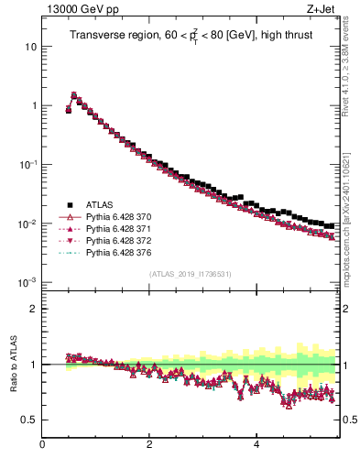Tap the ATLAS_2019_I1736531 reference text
coord(189,273)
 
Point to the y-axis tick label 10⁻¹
coord(28,165)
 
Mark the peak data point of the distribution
coord(74,94)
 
